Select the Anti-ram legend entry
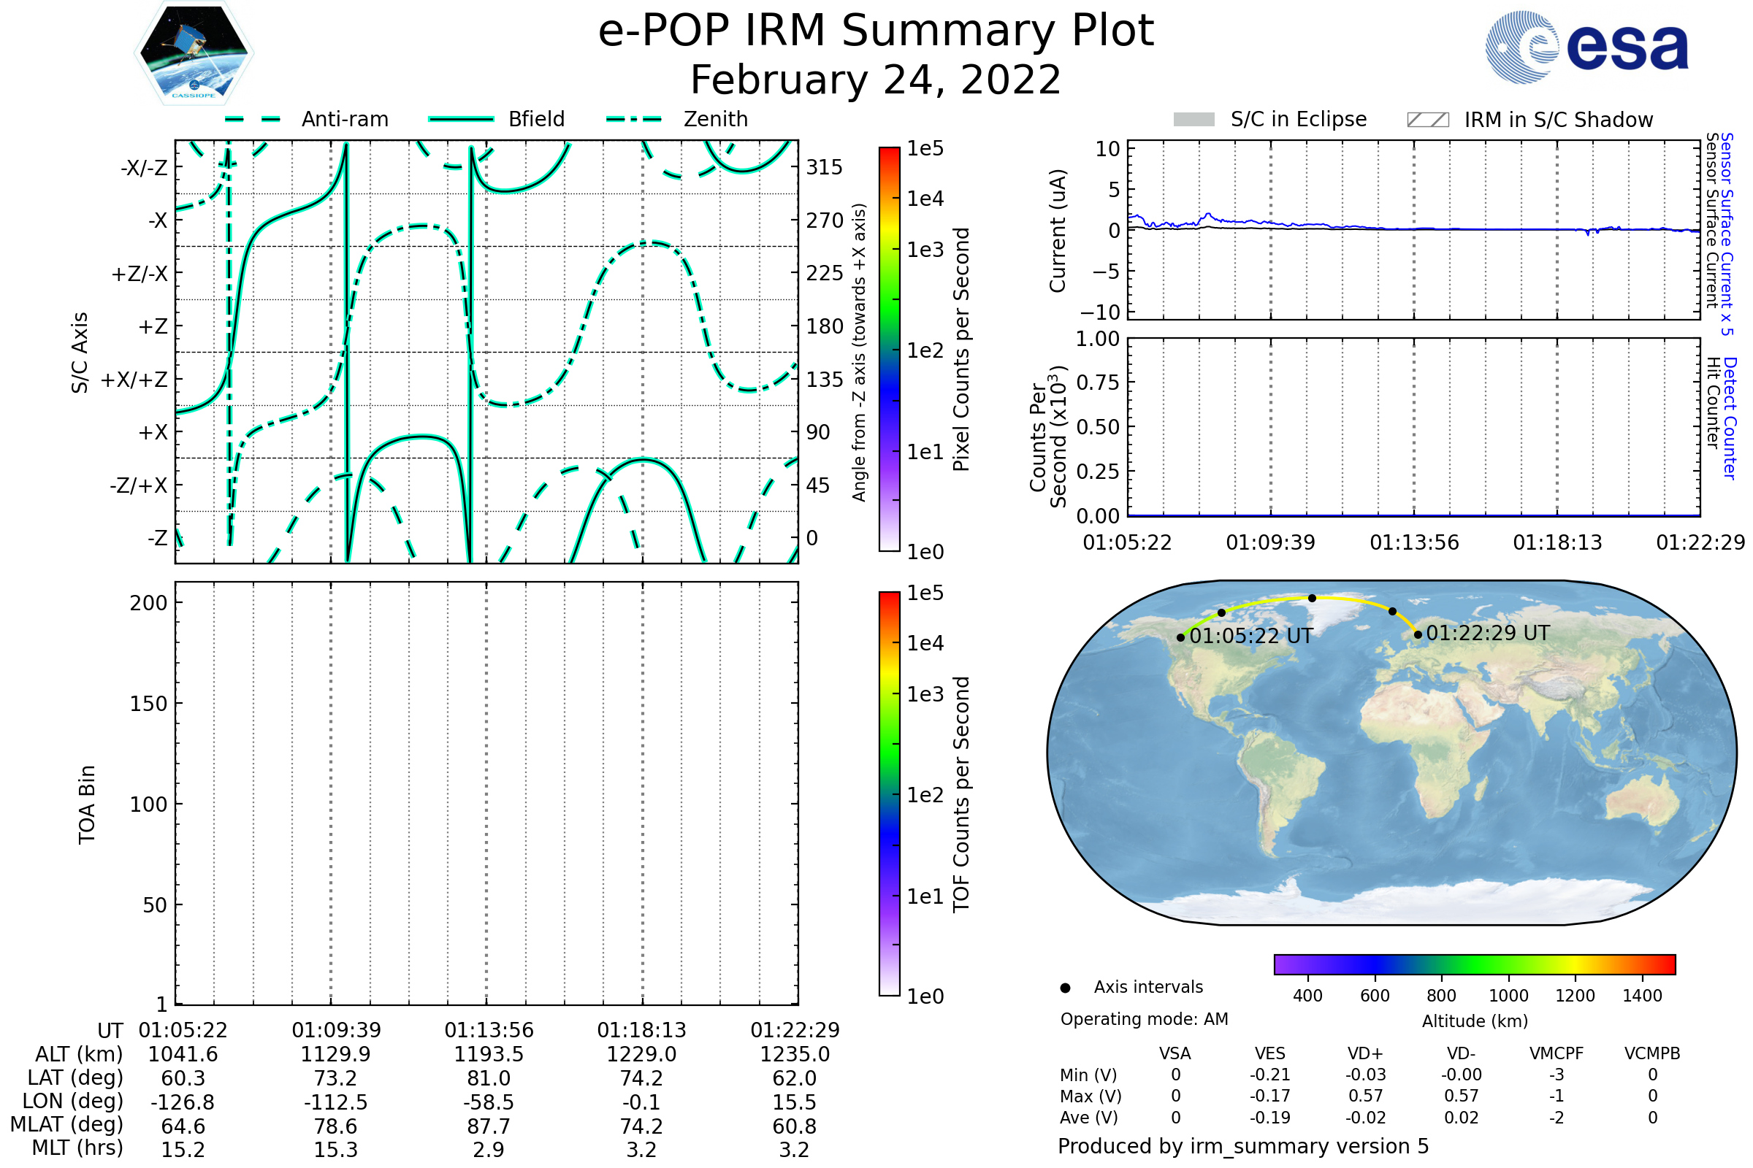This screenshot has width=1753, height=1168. click(344, 119)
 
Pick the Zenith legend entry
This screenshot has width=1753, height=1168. click(716, 119)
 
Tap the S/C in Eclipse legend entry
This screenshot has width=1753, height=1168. click(1298, 119)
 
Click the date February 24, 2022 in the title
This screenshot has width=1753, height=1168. click(876, 80)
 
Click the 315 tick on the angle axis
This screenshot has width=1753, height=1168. click(825, 167)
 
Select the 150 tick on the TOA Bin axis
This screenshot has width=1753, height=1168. click(148, 704)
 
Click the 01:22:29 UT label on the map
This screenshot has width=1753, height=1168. click(1488, 633)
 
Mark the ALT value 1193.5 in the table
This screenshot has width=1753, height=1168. click(489, 1055)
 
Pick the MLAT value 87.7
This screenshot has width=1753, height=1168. click(489, 1126)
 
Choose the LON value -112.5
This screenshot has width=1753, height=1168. click(336, 1102)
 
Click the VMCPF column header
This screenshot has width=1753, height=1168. click(1557, 1054)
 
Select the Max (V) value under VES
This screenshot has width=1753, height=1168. click(1270, 1096)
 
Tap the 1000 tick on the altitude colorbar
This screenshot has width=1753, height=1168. click(1508, 996)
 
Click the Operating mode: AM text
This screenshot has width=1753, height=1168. click(1144, 1019)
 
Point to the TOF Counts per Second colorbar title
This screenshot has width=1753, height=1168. click(961, 794)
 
